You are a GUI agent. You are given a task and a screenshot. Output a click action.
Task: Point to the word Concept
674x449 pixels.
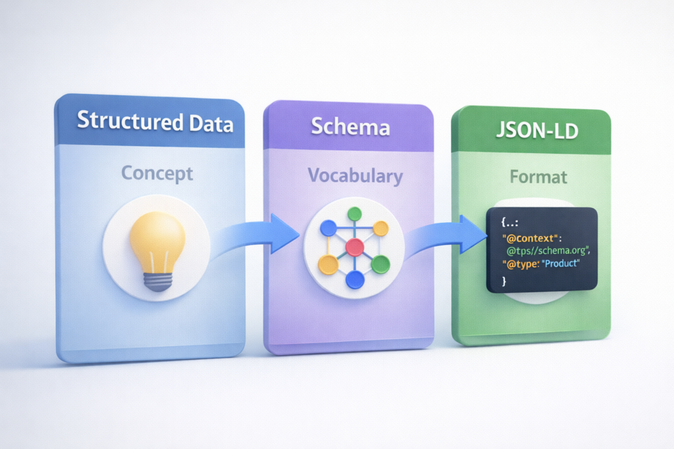[x=157, y=174]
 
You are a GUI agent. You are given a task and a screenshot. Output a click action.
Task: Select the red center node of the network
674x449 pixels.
[x=355, y=247]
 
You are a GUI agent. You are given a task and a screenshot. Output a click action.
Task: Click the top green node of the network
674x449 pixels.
[x=355, y=214]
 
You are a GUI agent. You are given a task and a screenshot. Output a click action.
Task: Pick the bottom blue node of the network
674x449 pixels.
[x=355, y=281]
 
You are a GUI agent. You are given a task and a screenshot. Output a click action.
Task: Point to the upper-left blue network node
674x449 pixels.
[x=328, y=229]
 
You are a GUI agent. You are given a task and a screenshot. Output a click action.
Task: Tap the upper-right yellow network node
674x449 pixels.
[x=380, y=228]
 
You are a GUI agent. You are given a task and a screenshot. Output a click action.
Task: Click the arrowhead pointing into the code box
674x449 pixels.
[x=473, y=234]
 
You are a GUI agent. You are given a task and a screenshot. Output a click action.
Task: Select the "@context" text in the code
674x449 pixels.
[x=527, y=237]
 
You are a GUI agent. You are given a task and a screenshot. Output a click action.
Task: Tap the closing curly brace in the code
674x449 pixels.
[x=504, y=281]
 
